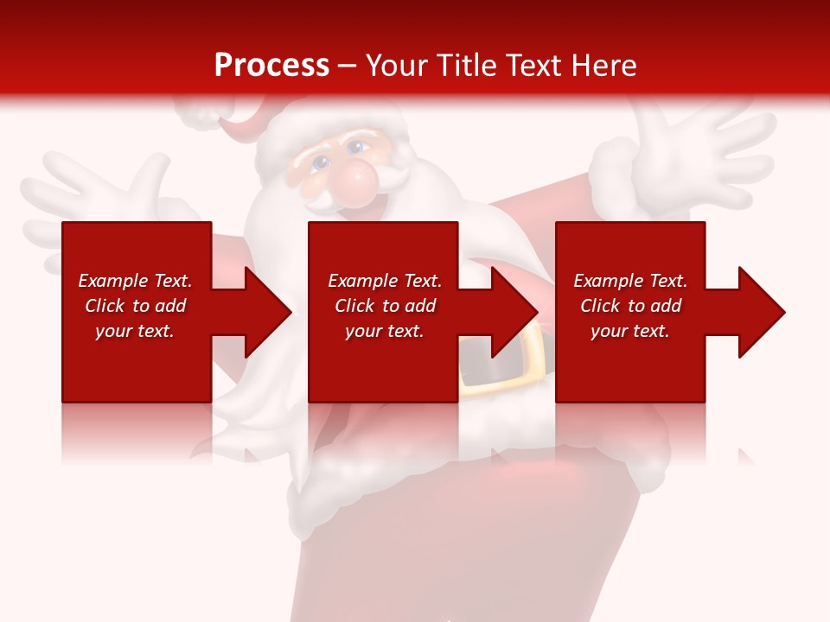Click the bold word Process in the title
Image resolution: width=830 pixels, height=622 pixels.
point(271,65)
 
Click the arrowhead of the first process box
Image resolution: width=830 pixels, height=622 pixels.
point(268,312)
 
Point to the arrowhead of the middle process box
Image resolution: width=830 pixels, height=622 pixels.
point(514,312)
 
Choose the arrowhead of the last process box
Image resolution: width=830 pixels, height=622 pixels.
point(762,312)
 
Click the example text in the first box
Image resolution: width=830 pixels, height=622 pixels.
point(135,306)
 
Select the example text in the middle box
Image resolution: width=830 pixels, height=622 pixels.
point(384,306)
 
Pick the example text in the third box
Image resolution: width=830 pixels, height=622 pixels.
point(630,306)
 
